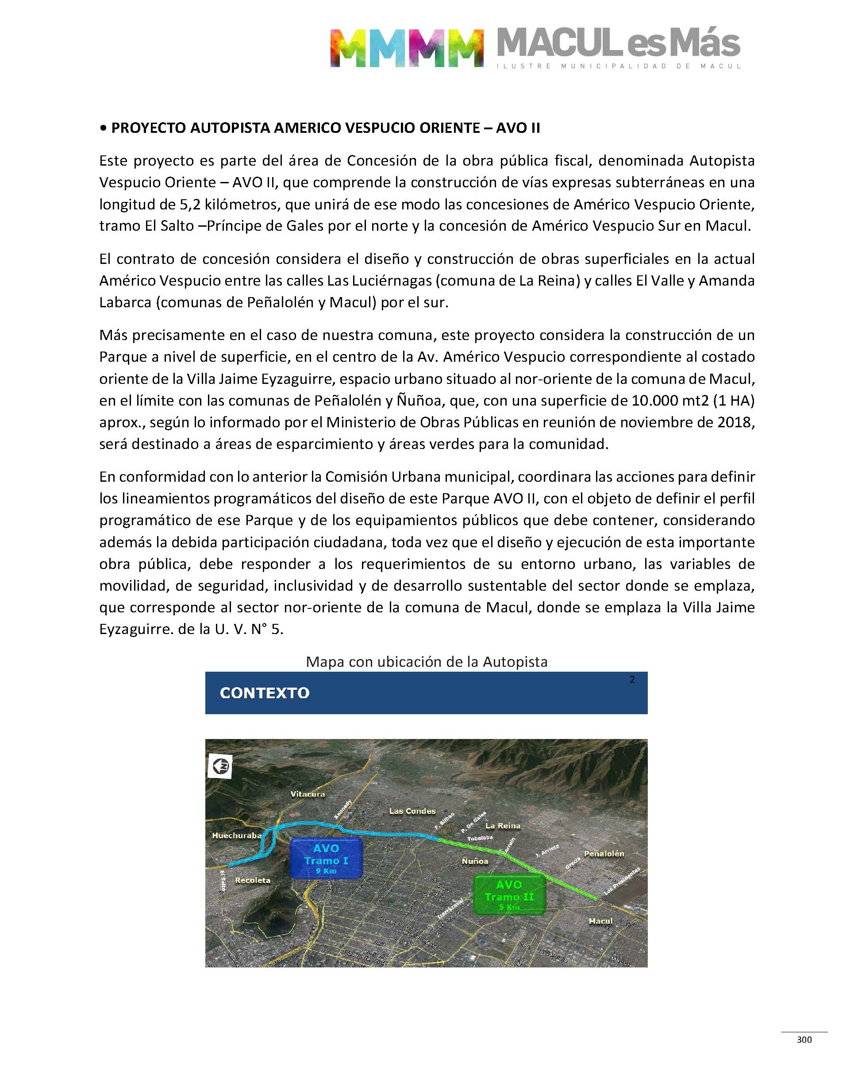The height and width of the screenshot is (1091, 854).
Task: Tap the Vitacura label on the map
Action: (x=308, y=794)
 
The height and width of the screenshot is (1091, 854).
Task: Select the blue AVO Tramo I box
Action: (x=326, y=859)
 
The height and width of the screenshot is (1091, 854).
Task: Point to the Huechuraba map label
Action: (x=236, y=836)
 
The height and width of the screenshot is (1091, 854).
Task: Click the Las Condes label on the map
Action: (x=412, y=811)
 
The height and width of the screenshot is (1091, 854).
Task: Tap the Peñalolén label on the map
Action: (x=604, y=854)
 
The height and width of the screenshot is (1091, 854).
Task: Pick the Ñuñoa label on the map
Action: (x=474, y=861)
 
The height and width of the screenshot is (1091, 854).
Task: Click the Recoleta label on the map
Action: (x=253, y=880)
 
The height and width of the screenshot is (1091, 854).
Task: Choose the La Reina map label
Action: (x=503, y=826)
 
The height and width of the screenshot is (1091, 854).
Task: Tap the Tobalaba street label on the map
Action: (x=480, y=838)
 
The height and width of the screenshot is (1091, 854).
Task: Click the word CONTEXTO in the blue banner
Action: (x=265, y=693)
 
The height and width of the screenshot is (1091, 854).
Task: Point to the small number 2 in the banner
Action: (x=632, y=679)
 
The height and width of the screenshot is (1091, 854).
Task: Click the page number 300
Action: (x=804, y=1040)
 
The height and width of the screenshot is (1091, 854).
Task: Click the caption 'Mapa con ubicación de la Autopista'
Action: (x=427, y=662)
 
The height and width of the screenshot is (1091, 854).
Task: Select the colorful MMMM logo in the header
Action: (x=407, y=48)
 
